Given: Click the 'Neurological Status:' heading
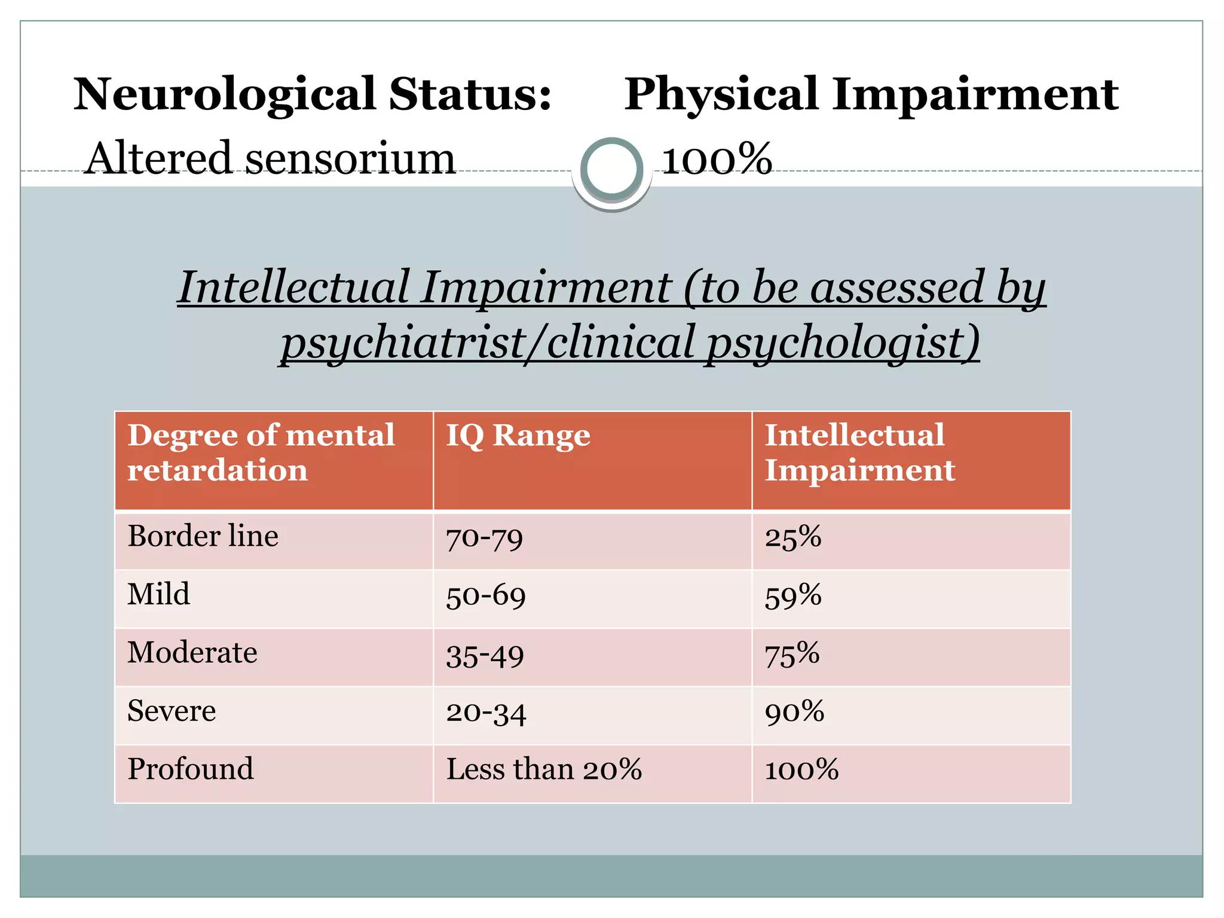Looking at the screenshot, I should pyautogui.click(x=312, y=94).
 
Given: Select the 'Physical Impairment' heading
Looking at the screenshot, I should pyautogui.click(x=871, y=94).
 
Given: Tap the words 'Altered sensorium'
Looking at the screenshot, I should pyautogui.click(x=270, y=158).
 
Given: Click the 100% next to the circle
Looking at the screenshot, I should pyautogui.click(x=717, y=160).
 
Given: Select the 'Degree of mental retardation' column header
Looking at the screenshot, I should pyautogui.click(x=261, y=452).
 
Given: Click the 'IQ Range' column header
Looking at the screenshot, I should pyautogui.click(x=518, y=435).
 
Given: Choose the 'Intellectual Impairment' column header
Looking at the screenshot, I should pyautogui.click(x=859, y=452).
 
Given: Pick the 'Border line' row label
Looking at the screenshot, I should pyautogui.click(x=203, y=536).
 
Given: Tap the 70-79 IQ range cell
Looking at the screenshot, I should pyautogui.click(x=484, y=538).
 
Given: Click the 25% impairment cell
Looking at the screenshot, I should pyautogui.click(x=792, y=537).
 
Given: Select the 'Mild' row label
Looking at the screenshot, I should pyautogui.click(x=158, y=595).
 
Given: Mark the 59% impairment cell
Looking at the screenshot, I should pyautogui.click(x=792, y=596).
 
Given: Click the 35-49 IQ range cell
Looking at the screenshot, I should pyautogui.click(x=485, y=655).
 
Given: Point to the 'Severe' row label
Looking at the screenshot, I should pyautogui.click(x=172, y=711).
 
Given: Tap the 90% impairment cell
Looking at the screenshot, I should pyautogui.click(x=794, y=712).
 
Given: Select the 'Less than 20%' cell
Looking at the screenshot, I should pyautogui.click(x=544, y=769).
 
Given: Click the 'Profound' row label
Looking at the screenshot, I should pyautogui.click(x=190, y=769).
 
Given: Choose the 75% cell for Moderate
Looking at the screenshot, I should pyautogui.click(x=792, y=654).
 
